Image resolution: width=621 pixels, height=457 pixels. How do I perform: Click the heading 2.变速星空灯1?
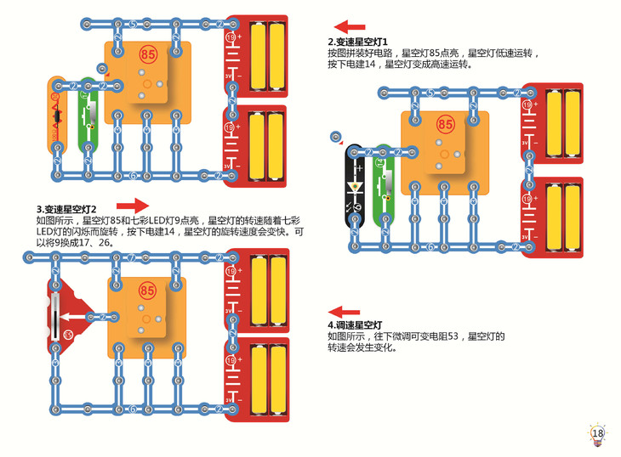pyautogui.click(x=358, y=42)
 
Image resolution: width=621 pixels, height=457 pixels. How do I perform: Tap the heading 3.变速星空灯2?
pyautogui.click(x=66, y=209)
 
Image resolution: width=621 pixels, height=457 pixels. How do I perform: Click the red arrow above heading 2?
pyautogui.click(x=350, y=27)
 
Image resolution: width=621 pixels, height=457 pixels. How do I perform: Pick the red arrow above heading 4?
pyautogui.click(x=345, y=312)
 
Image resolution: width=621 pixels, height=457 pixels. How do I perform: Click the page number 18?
pyautogui.click(x=597, y=434)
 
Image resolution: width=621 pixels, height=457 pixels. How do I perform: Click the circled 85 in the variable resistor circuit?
pyautogui.click(x=147, y=291)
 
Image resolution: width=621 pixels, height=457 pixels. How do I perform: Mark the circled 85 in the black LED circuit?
pyautogui.click(x=444, y=124)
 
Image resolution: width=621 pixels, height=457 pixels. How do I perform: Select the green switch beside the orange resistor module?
pyautogui.click(x=88, y=115)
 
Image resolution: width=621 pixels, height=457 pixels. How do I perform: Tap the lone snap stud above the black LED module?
pyautogui.click(x=337, y=136)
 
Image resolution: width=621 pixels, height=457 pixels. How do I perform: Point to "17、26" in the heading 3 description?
pyautogui.click(x=96, y=243)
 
